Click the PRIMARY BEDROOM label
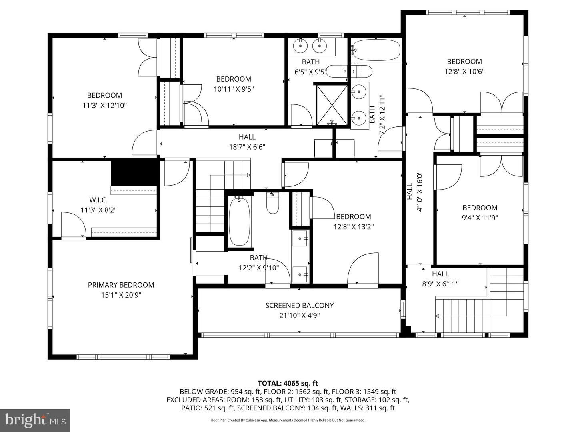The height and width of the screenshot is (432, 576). coord(121,285)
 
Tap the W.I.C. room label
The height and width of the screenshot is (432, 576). coord(98,200)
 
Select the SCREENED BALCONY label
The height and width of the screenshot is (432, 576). coord(299,305)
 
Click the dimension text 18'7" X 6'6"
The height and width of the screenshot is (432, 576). coord(247,147)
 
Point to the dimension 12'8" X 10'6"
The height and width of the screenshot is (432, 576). coord(464,72)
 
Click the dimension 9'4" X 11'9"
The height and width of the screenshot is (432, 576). coord(480,218)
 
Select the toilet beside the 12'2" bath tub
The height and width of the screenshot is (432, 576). coord(273,204)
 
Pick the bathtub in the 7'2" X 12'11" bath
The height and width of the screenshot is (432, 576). coord(376,50)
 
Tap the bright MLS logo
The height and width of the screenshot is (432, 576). coord(35,420)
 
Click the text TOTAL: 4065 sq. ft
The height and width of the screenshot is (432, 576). coord(288,383)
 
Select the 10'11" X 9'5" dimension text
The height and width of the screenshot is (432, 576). coord(234,89)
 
